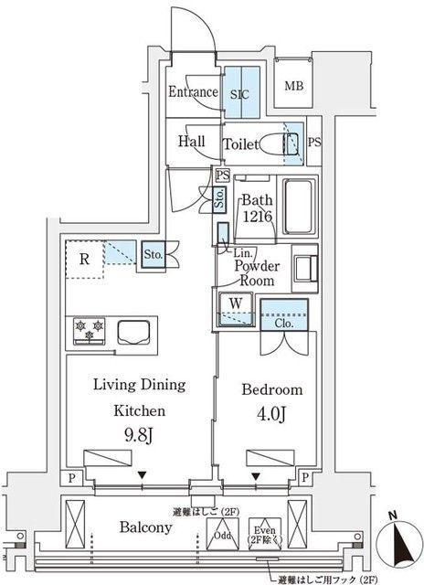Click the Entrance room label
pyautogui.click(x=193, y=92)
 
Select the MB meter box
pyautogui.click(x=294, y=88)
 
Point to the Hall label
pyautogui.click(x=192, y=143)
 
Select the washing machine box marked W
pyautogui.click(x=235, y=304)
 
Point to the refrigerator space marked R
pyautogui.click(x=84, y=260)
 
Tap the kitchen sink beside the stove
pyautogui.click(x=131, y=329)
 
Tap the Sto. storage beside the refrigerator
pyautogui.click(x=153, y=256)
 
